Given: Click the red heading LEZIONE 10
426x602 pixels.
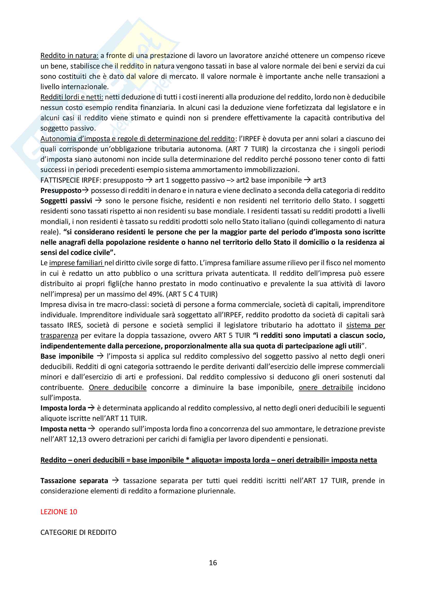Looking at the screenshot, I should coord(59,512).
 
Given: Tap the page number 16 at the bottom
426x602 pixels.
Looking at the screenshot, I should coord(213,563).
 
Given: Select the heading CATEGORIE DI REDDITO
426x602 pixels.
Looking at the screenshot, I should coord(78,532).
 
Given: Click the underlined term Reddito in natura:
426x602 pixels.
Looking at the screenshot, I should coord(69,56).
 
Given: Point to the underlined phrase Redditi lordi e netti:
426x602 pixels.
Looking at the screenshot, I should coord(72,97).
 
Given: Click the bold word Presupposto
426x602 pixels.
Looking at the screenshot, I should coord(61,190).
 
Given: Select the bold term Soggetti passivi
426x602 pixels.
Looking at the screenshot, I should coord(66,201).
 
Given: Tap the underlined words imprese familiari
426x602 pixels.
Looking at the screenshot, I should coord(76,263).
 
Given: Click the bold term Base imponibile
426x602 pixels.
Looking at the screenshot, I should coord(67,356).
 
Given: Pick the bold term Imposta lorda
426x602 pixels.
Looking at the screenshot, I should coord(63,408).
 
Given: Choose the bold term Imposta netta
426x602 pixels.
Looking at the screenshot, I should coord(63,429).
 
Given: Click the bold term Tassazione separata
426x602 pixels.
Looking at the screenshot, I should coord(74,481).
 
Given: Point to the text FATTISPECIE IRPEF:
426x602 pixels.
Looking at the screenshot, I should coord(71,180).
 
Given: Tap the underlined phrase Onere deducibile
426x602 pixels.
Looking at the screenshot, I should coord(117,387).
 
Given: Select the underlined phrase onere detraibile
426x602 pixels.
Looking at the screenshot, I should coord(326,387).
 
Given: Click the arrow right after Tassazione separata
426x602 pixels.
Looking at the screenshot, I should coord(115,481).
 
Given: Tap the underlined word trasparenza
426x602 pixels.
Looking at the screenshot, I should coord(59,336).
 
